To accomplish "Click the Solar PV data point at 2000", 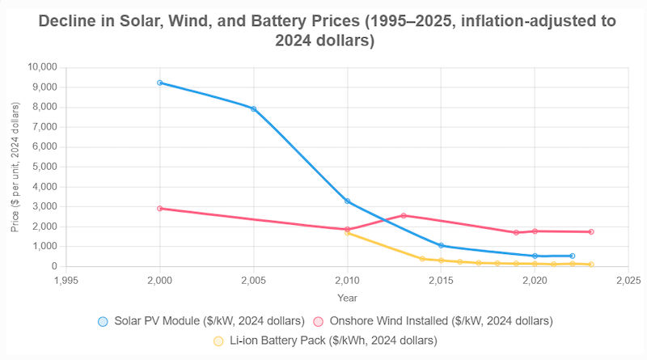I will (x=160, y=83).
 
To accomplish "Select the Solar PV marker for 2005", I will (x=254, y=108).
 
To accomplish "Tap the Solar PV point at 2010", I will (x=348, y=201).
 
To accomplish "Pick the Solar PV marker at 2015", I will (x=441, y=245).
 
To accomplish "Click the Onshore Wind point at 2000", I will (x=160, y=209).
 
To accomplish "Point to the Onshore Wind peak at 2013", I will (x=404, y=215).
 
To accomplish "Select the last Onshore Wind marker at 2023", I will (x=591, y=232).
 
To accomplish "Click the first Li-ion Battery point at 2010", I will (x=348, y=232).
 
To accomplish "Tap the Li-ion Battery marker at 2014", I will (x=422, y=259).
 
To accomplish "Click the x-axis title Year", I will (x=347, y=298).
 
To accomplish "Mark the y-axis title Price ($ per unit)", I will (x=15, y=167).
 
